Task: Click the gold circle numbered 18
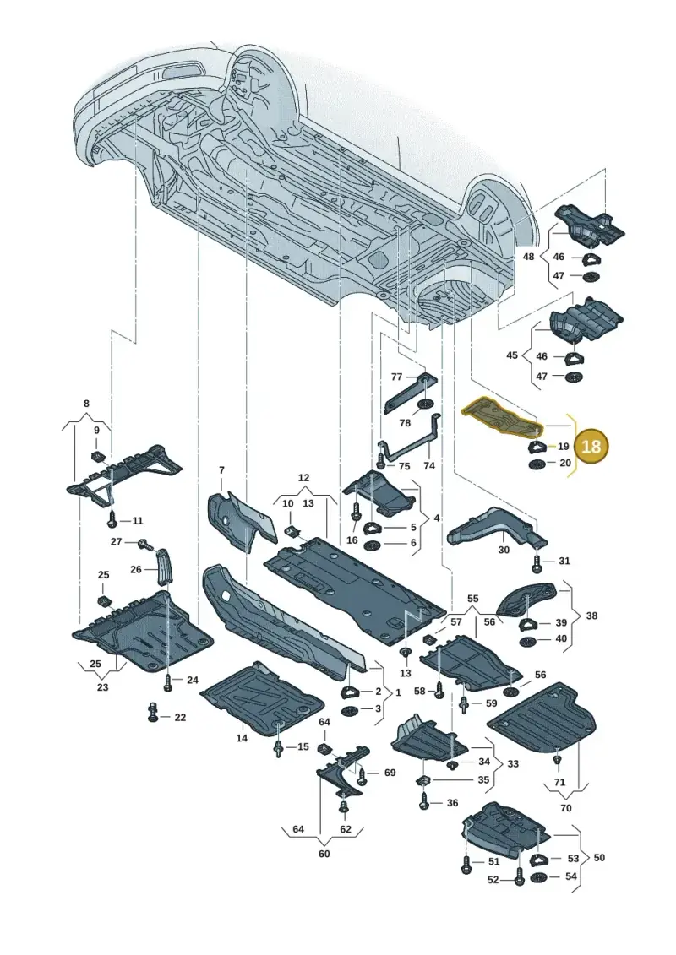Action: (x=591, y=447)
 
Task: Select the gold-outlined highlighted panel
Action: (x=503, y=419)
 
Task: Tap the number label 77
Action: (x=397, y=377)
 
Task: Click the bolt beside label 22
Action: (x=154, y=713)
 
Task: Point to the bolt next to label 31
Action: (x=537, y=562)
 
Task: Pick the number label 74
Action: (x=429, y=465)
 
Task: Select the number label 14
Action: (x=242, y=738)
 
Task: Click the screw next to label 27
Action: (x=145, y=544)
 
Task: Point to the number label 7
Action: (x=222, y=470)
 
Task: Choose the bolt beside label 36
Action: (x=425, y=802)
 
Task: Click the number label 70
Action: (x=565, y=807)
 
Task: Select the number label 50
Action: (x=599, y=858)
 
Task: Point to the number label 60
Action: (x=324, y=854)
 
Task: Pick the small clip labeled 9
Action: (x=97, y=455)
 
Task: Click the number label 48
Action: (x=528, y=257)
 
